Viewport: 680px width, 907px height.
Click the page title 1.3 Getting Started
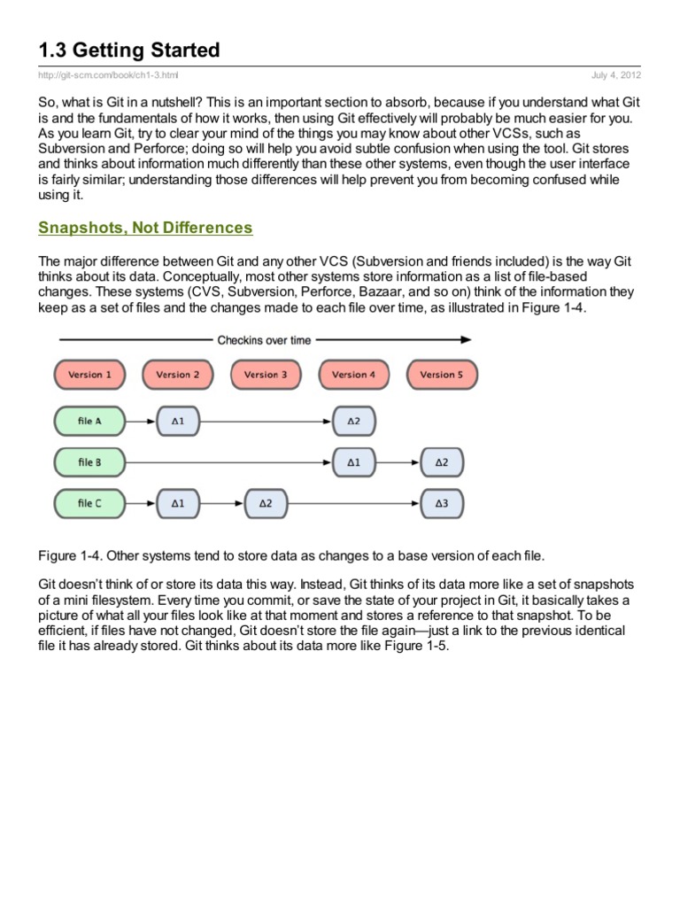[x=128, y=50]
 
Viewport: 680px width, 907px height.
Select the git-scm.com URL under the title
[x=112, y=76]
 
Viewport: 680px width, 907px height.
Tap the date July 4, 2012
[x=617, y=76]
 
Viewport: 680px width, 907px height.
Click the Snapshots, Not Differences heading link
[x=145, y=228]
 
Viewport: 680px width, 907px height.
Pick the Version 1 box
[x=89, y=375]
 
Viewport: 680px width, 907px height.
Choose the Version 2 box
[x=177, y=375]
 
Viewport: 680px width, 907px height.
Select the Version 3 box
[x=266, y=375]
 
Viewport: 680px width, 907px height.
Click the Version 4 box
[x=353, y=375]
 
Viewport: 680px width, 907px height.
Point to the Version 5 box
[x=441, y=375]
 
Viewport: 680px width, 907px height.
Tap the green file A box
[x=89, y=421]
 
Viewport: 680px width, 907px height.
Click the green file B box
[x=89, y=462]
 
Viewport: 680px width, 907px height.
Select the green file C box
[x=89, y=504]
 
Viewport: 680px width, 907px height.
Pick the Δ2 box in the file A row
[x=353, y=421]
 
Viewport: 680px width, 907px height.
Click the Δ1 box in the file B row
[x=353, y=462]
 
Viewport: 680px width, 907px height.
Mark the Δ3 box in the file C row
[x=441, y=504]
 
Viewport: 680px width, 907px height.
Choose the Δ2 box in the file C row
[x=266, y=504]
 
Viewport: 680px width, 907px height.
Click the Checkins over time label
[x=264, y=339]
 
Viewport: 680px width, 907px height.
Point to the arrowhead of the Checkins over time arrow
[x=467, y=339]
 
